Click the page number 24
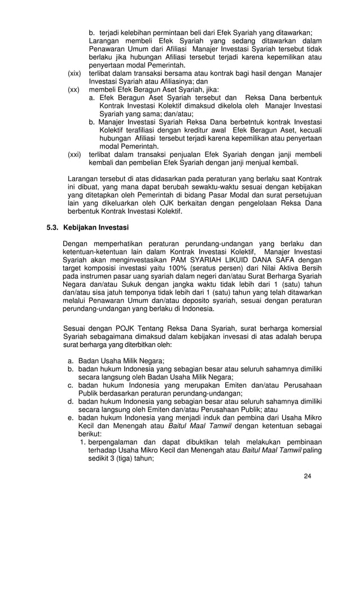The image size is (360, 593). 307,476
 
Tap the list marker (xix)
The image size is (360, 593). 74,73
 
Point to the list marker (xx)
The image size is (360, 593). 74,89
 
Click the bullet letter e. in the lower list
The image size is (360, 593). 71,418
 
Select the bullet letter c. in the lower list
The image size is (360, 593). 71,385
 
